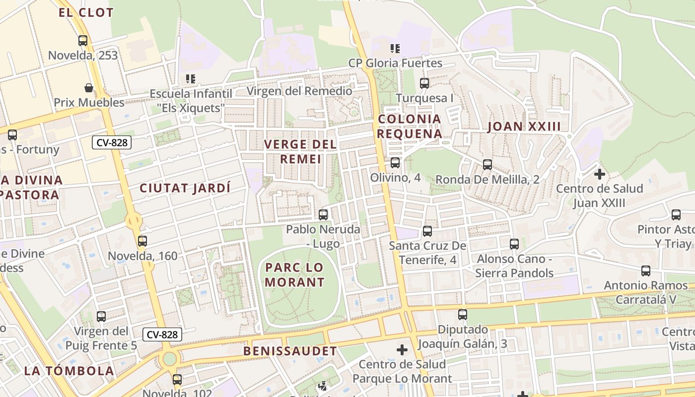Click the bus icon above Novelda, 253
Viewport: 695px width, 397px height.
[x=83, y=41]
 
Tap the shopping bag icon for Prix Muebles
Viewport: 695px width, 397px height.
[x=89, y=88]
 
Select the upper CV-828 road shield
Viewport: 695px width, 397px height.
[x=112, y=143]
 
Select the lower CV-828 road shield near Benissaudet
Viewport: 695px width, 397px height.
[x=162, y=334]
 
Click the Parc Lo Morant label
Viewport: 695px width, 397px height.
[x=295, y=275]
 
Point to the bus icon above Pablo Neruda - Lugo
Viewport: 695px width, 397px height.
[x=323, y=215]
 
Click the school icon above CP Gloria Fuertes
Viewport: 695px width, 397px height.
[x=395, y=49]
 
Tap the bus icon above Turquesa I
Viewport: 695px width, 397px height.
[x=424, y=83]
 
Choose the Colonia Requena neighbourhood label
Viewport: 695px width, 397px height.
[x=410, y=127]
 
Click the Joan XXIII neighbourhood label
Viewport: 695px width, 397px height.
[x=524, y=127]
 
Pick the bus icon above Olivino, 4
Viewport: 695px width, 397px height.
[x=395, y=162]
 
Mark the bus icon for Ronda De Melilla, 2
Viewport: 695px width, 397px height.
[x=487, y=164]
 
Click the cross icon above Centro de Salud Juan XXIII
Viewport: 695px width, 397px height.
[x=600, y=174]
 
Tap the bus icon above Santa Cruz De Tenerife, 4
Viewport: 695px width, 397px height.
[x=427, y=231]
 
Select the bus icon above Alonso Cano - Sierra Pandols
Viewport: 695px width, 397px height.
[x=514, y=244]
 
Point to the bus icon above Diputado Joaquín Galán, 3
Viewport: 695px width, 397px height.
[x=463, y=314]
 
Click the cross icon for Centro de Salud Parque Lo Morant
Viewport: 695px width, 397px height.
[x=402, y=350]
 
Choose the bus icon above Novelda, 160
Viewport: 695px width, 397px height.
[x=142, y=241]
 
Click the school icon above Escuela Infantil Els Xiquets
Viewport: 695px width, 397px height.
[x=191, y=78]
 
